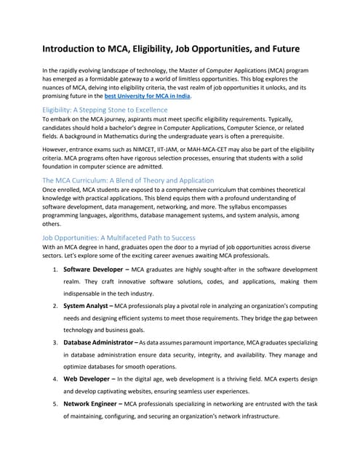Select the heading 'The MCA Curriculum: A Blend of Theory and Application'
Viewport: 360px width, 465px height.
128,179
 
